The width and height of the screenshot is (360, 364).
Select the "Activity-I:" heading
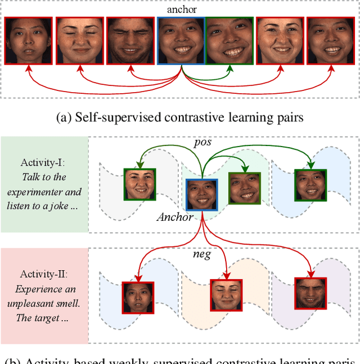pyautogui.click(x=43, y=163)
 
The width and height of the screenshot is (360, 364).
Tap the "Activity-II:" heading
pyautogui.click(x=43, y=275)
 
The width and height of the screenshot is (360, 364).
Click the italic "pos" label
pyautogui.click(x=202, y=142)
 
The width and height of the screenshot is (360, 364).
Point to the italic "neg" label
pyautogui.click(x=201, y=254)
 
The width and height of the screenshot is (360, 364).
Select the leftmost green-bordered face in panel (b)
pyautogui.click(x=139, y=184)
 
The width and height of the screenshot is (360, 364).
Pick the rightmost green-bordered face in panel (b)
pyautogui.click(x=310, y=185)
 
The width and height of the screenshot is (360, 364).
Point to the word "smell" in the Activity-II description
pyautogui.click(x=68, y=304)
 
